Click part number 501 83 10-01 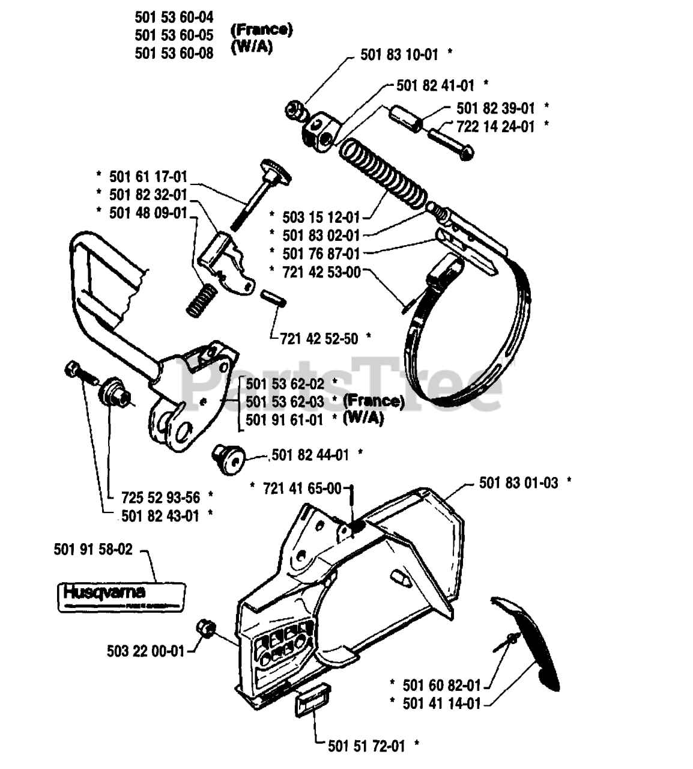399,54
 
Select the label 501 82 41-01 435,85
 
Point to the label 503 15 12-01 321,217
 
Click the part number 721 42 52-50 319,339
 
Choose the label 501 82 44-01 310,455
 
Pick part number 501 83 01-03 518,482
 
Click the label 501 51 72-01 366,746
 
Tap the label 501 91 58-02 92,549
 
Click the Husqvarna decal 113,596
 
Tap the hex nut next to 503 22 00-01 205,629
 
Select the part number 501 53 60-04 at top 174,17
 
